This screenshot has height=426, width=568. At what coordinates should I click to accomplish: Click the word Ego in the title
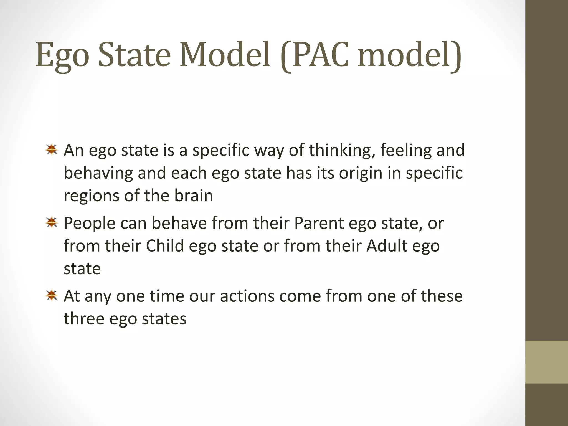[x=62, y=55]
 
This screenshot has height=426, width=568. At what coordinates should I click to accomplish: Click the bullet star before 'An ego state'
[x=52, y=150]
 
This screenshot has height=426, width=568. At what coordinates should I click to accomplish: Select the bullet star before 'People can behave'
[x=52, y=223]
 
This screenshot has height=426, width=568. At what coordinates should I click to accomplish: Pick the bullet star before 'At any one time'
[x=52, y=295]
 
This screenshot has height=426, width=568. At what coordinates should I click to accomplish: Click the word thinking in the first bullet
[x=342, y=150]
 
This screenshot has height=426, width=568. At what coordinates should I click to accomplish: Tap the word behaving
[x=98, y=173]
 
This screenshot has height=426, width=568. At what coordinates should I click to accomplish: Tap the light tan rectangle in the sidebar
[x=546, y=362]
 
